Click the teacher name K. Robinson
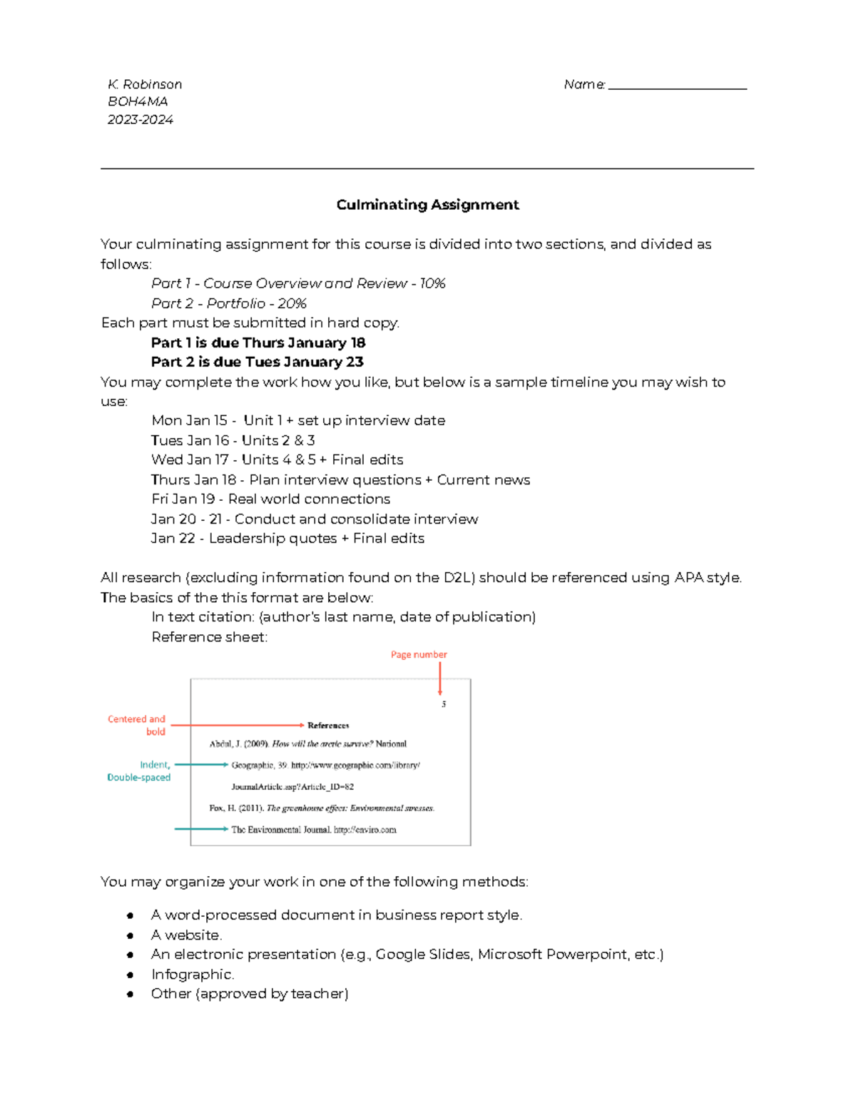(x=145, y=84)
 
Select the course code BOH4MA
(x=138, y=102)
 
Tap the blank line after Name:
(x=677, y=86)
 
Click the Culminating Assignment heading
(x=427, y=205)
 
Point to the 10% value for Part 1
(x=433, y=284)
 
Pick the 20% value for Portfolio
(x=292, y=303)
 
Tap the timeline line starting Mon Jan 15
(x=298, y=421)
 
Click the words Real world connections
(x=309, y=499)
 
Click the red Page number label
(x=419, y=654)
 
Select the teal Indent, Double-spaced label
(x=140, y=771)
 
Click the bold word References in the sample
(x=328, y=726)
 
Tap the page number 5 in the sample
(x=444, y=704)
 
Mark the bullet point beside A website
(x=131, y=935)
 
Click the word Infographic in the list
(x=192, y=975)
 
